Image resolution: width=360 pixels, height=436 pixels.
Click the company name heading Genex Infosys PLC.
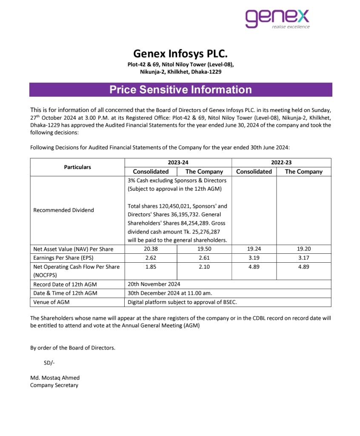(180, 54)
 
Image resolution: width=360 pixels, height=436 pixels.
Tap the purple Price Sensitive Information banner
(180, 90)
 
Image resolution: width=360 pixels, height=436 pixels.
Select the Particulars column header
(77, 167)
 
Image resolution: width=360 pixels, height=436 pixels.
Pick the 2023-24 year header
(177, 162)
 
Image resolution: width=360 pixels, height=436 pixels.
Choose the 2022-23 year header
(281, 162)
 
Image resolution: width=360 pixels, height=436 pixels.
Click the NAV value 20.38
(151, 249)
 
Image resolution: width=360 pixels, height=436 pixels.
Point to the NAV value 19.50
(204, 249)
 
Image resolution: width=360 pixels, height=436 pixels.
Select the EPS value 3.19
(254, 258)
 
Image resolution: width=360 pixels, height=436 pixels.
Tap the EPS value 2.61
(204, 258)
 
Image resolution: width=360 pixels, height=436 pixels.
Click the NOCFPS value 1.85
(151, 267)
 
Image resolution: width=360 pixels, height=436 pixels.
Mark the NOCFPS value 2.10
(204, 267)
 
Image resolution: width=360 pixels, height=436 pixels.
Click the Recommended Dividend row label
(63, 210)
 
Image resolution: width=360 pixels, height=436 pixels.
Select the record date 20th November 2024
(154, 284)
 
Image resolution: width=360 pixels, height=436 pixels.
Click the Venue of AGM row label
(51, 302)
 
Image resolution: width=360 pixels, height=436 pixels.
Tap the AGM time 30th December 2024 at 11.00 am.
(170, 293)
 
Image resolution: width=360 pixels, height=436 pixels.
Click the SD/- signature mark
(49, 363)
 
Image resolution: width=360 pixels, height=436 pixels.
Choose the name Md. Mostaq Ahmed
(55, 378)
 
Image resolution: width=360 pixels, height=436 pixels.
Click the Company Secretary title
(54, 385)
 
